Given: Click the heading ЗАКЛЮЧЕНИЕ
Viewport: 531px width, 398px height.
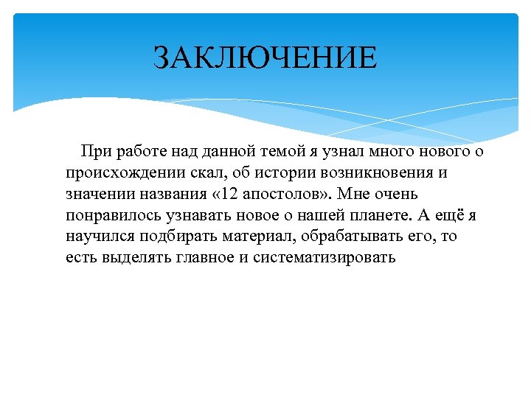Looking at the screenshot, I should [x=265, y=57].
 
